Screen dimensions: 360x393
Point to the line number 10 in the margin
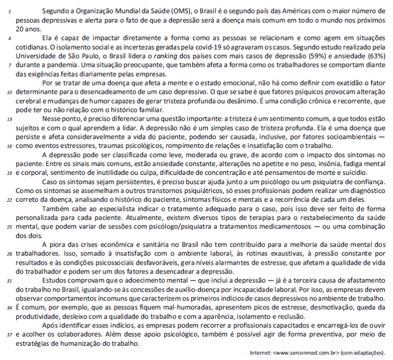pyautogui.click(x=10, y=92)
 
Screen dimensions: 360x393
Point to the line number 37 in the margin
pyautogui.click(x=10, y=335)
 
